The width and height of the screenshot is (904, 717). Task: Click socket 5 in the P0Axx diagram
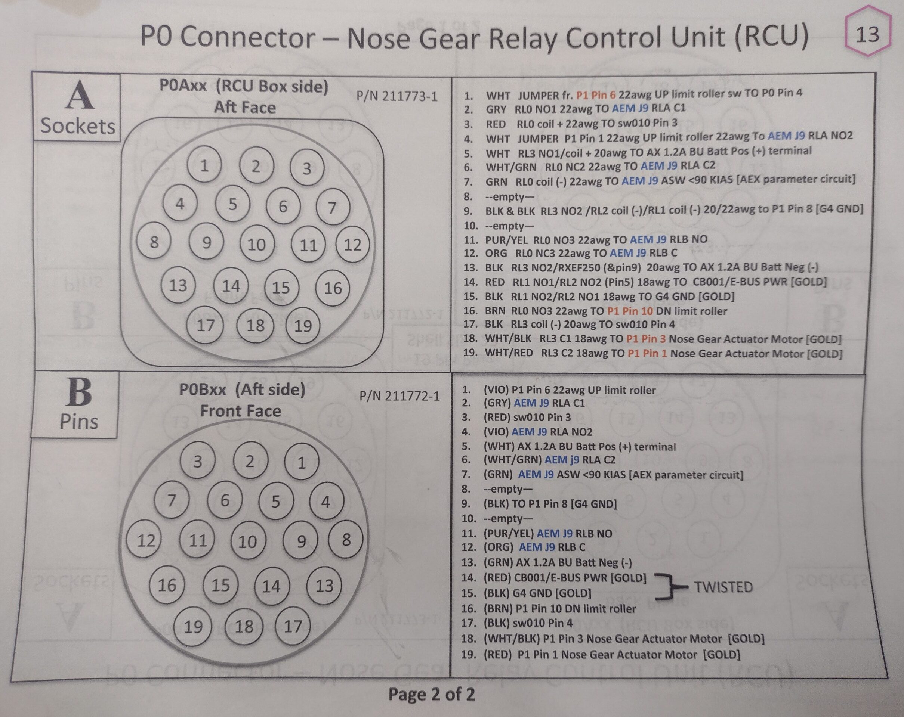(233, 204)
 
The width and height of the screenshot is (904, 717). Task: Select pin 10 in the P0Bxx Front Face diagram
(248, 541)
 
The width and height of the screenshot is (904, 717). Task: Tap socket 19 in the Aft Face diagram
(303, 326)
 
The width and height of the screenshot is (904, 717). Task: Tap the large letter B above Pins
(79, 392)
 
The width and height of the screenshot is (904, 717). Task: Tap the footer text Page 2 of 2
(432, 694)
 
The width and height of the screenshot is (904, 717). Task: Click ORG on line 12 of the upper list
(496, 254)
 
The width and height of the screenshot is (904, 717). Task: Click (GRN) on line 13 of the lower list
(498, 562)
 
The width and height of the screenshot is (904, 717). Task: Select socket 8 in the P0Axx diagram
(154, 242)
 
